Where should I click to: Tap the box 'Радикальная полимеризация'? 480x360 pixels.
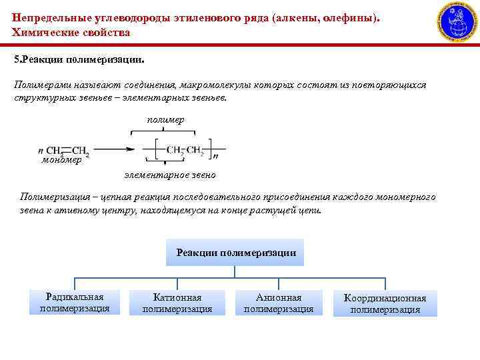[x=74, y=302]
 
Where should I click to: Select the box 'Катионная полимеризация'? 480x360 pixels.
[x=177, y=303]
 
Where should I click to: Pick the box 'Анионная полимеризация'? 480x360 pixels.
[x=278, y=303]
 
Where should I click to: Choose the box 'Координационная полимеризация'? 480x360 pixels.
[x=385, y=303]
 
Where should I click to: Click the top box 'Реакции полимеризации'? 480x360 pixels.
[x=235, y=253]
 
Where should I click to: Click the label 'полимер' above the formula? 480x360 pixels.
[x=165, y=119]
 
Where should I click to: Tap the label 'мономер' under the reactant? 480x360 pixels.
[x=61, y=160]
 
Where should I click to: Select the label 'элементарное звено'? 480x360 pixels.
[x=169, y=175]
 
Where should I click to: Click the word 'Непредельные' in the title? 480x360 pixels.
[x=47, y=18]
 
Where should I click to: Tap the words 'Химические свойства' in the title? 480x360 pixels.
[x=71, y=32]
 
